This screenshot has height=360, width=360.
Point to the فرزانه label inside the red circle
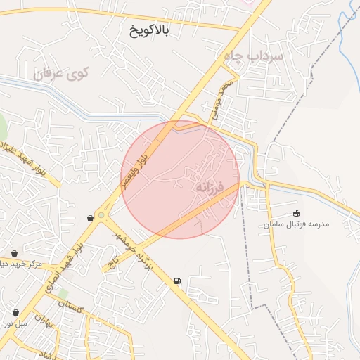pyautogui.click(x=208, y=188)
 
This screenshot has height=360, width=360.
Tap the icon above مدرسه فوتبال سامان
pyautogui.click(x=296, y=213)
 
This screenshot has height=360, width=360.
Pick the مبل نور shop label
pyautogui.click(x=15, y=323)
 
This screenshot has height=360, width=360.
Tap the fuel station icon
pyautogui.click(x=176, y=282)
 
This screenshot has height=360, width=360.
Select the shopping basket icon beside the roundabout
pyautogui.click(x=90, y=219)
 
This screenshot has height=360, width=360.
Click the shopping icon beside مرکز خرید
pyautogui.click(x=15, y=253)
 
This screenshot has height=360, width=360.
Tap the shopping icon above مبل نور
pyautogui.click(x=15, y=312)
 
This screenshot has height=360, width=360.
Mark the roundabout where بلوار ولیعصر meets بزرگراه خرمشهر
pyautogui.click(x=102, y=215)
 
